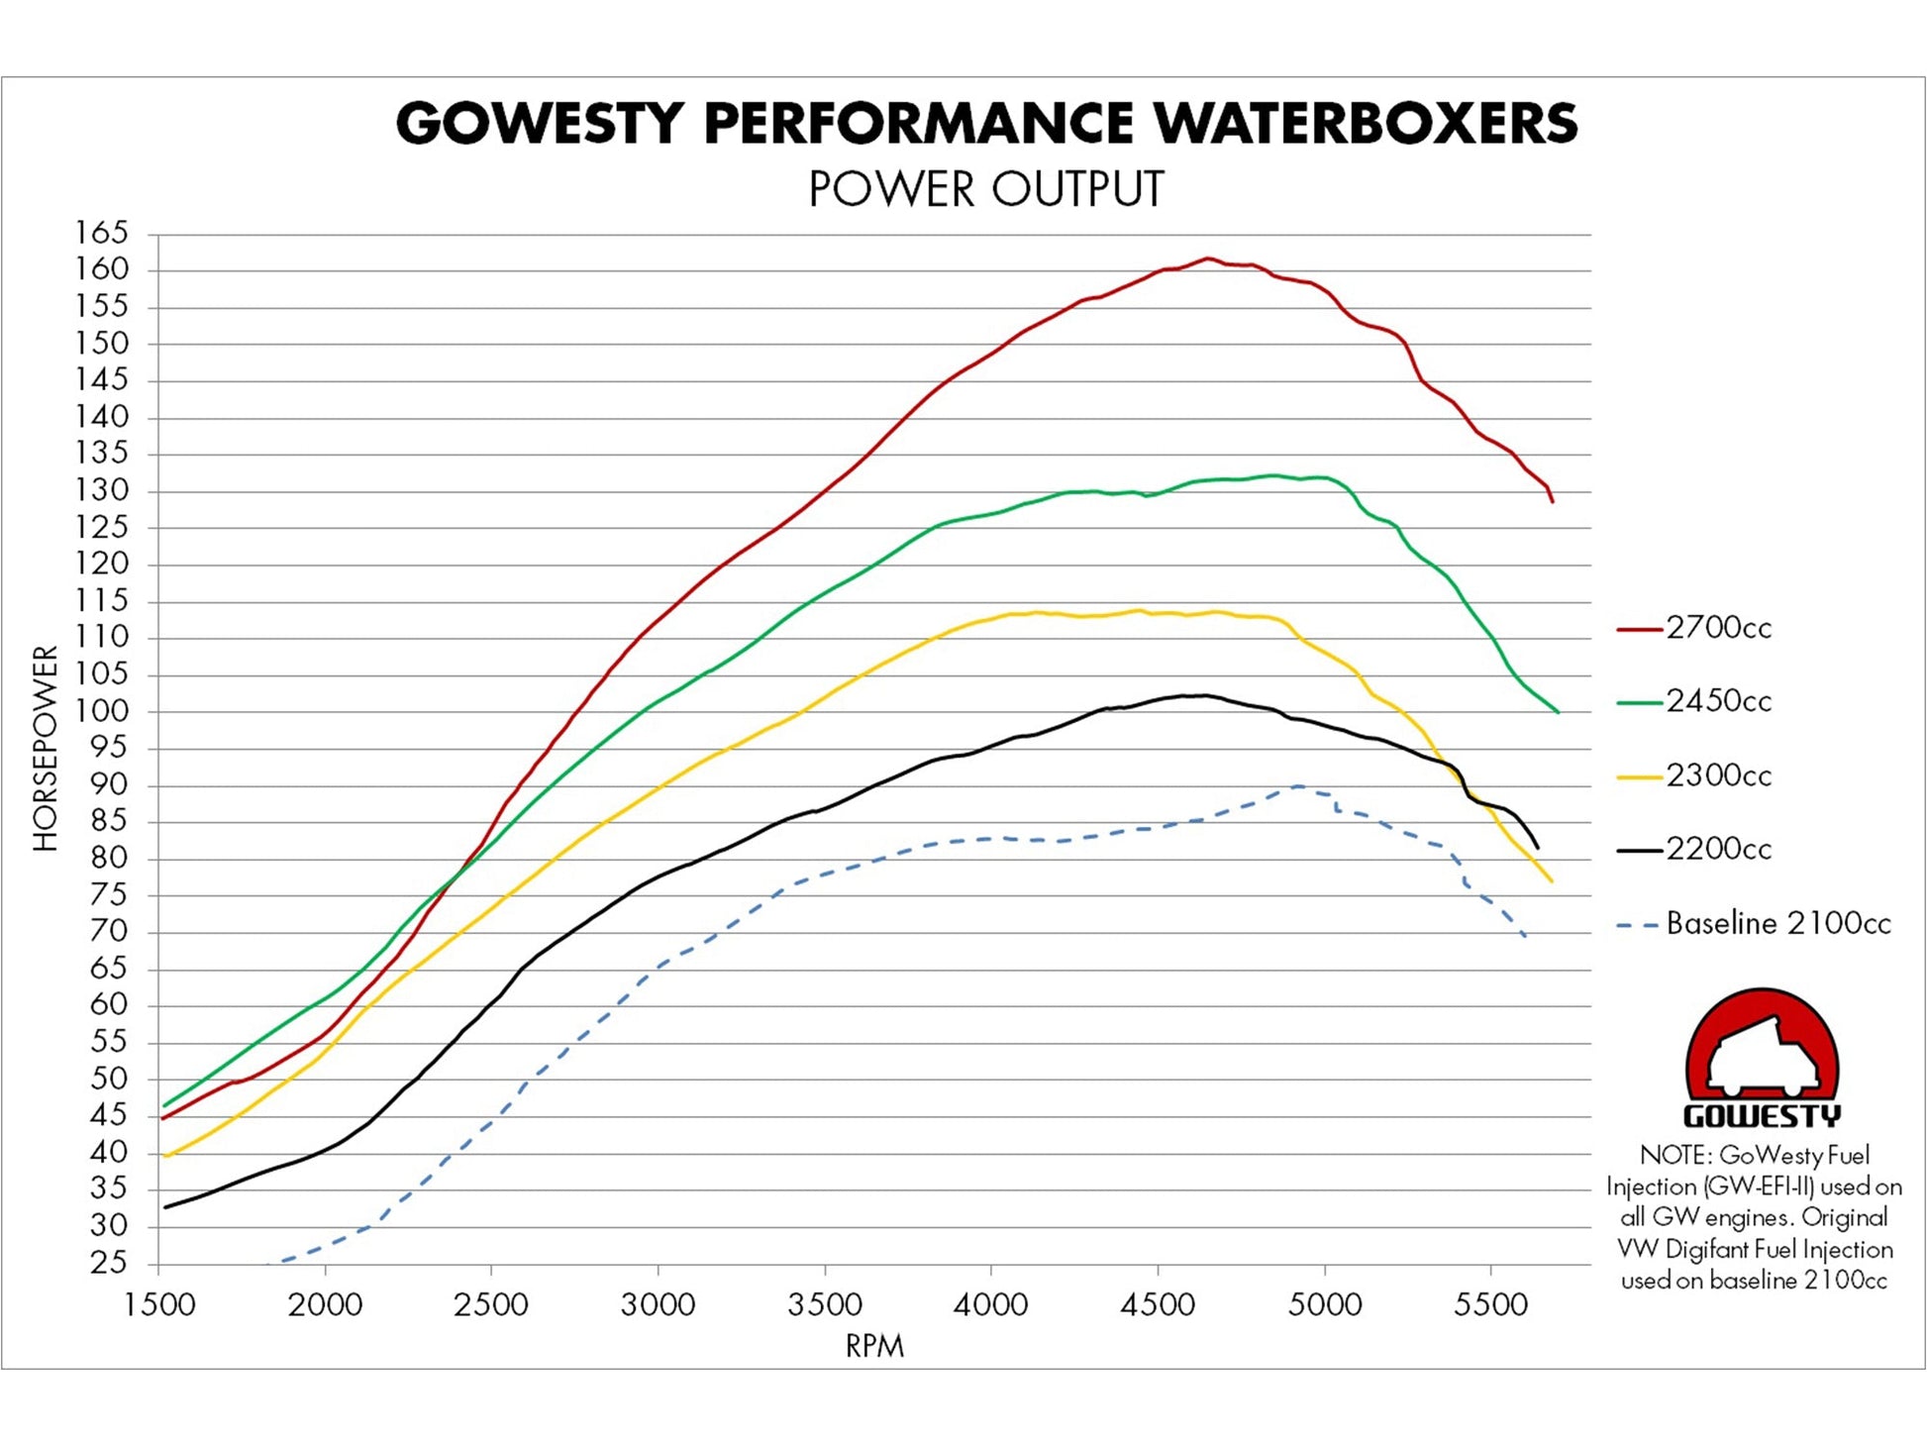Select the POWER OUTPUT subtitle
(986, 189)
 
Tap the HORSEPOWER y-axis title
(46, 749)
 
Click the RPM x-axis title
(874, 1346)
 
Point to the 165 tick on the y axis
(102, 234)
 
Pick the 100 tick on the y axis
(102, 711)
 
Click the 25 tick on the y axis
(109, 1264)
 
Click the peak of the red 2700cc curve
(1207, 258)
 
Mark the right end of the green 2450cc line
(1558, 711)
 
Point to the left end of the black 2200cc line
(165, 1206)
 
